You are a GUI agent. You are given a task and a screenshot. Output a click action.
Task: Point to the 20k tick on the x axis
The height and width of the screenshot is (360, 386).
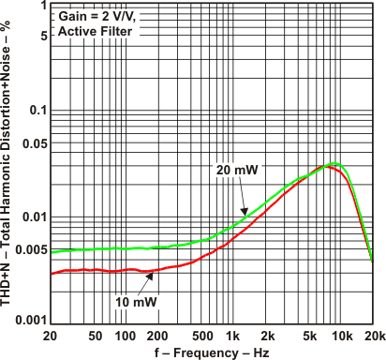373,336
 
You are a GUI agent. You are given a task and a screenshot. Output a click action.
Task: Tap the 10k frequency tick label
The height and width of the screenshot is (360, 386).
340,336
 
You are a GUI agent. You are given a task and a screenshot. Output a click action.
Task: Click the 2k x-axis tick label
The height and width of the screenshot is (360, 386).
267,336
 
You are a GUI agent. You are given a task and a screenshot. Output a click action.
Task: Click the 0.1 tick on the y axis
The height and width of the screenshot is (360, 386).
34,111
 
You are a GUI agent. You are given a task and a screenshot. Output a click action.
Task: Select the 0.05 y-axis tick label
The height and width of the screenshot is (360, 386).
30,143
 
